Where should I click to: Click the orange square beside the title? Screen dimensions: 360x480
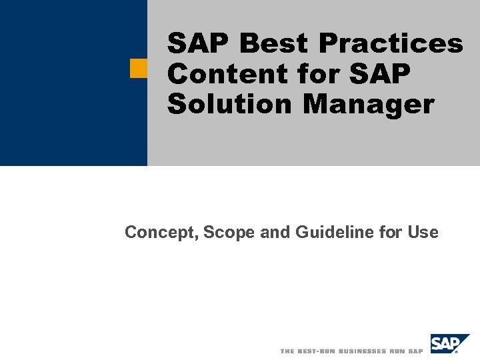(x=139, y=69)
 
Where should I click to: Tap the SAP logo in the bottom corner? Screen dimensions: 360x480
(x=449, y=344)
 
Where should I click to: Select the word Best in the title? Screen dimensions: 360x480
(x=276, y=44)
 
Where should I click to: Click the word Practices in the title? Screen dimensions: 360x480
(x=390, y=44)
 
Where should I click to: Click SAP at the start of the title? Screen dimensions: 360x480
(x=199, y=44)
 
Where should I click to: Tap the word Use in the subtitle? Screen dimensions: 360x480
(x=424, y=233)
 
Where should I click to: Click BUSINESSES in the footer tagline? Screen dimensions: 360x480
(x=362, y=351)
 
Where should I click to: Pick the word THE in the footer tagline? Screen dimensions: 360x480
(x=287, y=351)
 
